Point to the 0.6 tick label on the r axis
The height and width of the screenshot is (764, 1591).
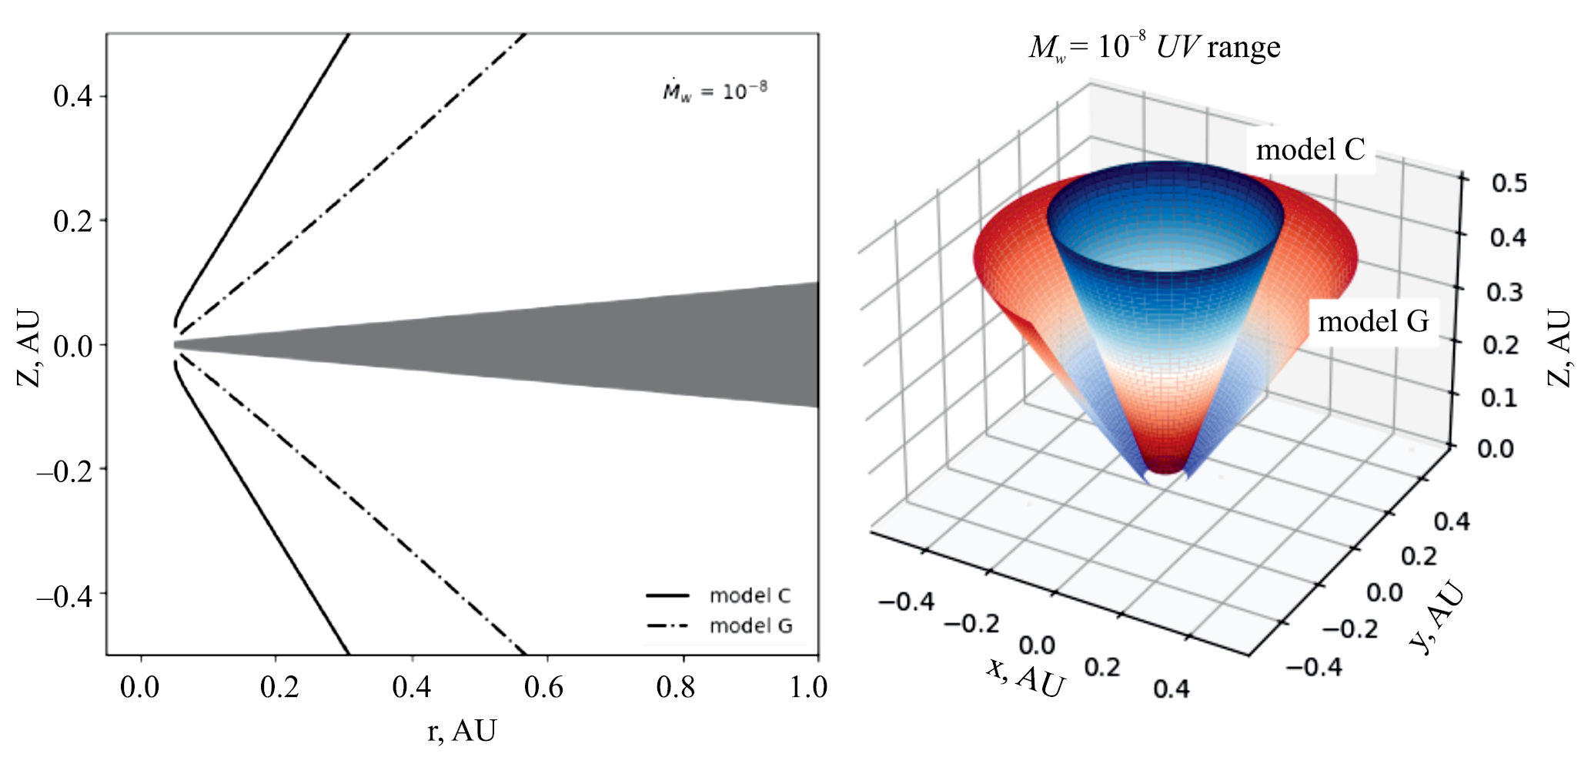pyautogui.click(x=543, y=687)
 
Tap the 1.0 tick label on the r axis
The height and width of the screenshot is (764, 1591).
pyautogui.click(x=808, y=687)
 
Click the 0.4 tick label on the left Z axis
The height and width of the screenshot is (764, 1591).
pyautogui.click(x=72, y=97)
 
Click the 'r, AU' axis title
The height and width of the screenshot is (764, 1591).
pyautogui.click(x=462, y=730)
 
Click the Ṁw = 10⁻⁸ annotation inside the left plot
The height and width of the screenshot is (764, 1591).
pyautogui.click(x=715, y=92)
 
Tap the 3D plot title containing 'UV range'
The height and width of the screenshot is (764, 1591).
pyautogui.click(x=1155, y=48)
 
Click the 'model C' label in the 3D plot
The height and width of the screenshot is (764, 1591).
pyautogui.click(x=1310, y=149)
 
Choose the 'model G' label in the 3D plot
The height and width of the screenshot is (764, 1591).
pyautogui.click(x=1373, y=321)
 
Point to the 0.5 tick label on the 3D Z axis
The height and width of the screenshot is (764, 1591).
pyautogui.click(x=1509, y=183)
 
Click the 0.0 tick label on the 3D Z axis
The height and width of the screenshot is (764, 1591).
pyautogui.click(x=1496, y=448)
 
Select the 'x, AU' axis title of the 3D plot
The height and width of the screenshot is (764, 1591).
pyautogui.click(x=1025, y=677)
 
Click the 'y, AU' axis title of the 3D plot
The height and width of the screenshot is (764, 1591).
pyautogui.click(x=1436, y=618)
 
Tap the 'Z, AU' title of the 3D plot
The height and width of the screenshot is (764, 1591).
pyautogui.click(x=1559, y=348)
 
